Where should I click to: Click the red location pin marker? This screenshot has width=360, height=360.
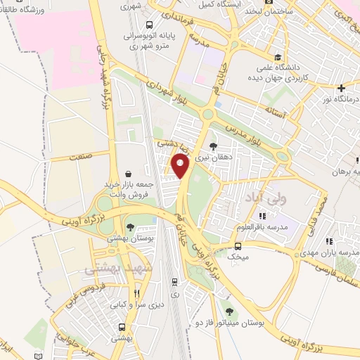(181, 166)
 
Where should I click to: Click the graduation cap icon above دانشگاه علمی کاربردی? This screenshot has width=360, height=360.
(279, 57)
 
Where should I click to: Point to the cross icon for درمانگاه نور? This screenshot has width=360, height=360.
(342, 89)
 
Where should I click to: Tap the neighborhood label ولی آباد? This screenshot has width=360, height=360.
(259, 200)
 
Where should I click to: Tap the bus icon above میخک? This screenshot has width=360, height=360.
(238, 246)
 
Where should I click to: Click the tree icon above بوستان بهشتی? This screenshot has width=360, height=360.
(130, 226)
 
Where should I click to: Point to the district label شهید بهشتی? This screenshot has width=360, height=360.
(113, 269)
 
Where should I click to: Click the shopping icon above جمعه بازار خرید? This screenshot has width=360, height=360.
(127, 172)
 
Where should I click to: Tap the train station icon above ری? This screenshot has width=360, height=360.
(174, 281)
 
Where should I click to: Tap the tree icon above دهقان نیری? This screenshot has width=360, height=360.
(213, 146)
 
